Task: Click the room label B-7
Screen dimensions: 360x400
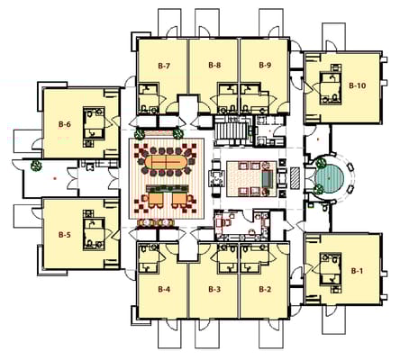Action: click(164, 65)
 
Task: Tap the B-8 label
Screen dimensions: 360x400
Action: click(214, 65)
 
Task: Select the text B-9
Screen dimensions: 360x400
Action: click(265, 65)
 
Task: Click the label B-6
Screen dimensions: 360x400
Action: click(64, 123)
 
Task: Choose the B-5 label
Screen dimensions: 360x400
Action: click(64, 235)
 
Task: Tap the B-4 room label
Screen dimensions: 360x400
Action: click(164, 289)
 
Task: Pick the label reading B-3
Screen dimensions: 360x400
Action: click(214, 289)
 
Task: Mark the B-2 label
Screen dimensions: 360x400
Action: click(265, 289)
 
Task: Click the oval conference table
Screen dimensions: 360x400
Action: click(166, 164)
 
